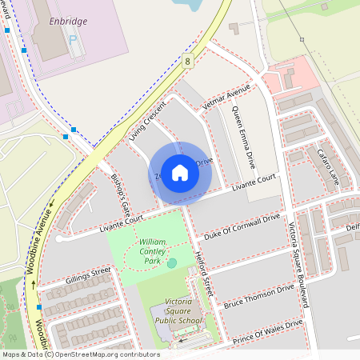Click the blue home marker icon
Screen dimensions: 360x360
(x=180, y=173)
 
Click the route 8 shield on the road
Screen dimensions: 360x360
(x=187, y=61)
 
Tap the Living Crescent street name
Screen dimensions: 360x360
(x=147, y=122)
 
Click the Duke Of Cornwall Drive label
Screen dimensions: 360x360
(x=242, y=226)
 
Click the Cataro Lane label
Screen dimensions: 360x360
(x=328, y=166)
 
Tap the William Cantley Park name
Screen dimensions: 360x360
(x=150, y=250)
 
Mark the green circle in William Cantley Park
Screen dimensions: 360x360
(x=172, y=262)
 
